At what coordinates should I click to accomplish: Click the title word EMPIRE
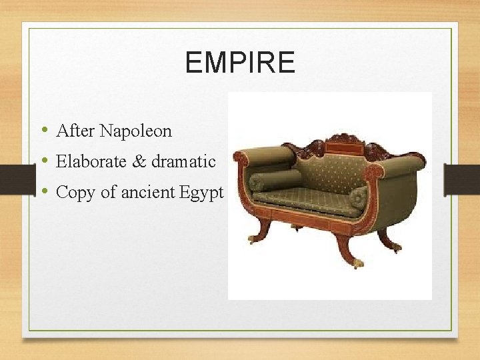239,63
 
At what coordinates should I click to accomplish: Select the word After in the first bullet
76,131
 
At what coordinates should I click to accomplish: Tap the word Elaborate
90,161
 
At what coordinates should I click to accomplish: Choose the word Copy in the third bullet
73,193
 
